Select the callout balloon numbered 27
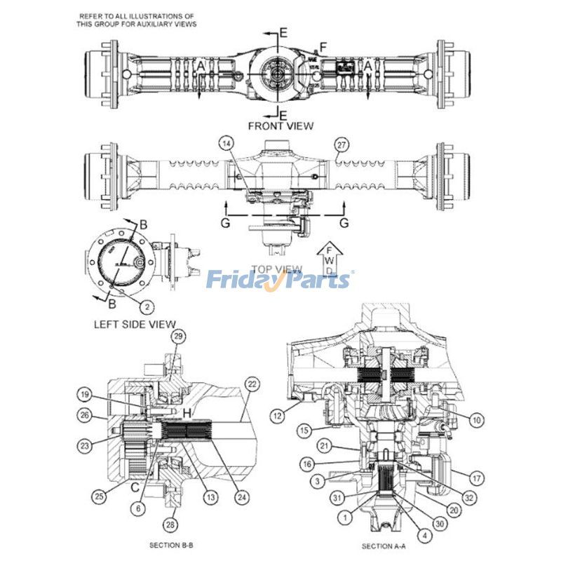pyautogui.click(x=342, y=146)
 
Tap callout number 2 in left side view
pyautogui.click(x=147, y=306)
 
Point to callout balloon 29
pyautogui.click(x=178, y=337)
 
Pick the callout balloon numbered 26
pyautogui.click(x=85, y=415)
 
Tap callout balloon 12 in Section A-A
pyautogui.click(x=278, y=415)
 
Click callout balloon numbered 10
pyautogui.click(x=477, y=420)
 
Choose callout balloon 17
pyautogui.click(x=477, y=479)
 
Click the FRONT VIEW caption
pyautogui.click(x=280, y=126)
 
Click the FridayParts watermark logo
pyautogui.click(x=280, y=280)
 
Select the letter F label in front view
pyautogui.click(x=323, y=47)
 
